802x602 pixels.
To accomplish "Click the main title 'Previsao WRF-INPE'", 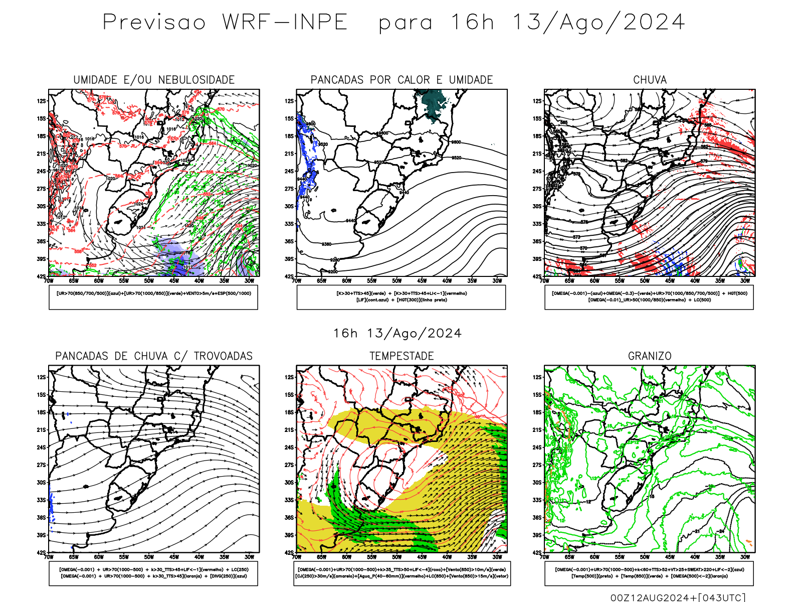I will [225, 23].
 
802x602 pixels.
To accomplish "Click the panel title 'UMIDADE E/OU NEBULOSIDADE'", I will [154, 80].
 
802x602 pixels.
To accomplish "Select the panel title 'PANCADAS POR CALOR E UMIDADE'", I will [402, 80].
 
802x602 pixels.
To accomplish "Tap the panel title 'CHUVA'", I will [650, 80].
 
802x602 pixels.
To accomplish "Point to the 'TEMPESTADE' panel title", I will [402, 356].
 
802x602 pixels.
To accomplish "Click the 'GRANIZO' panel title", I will [650, 356].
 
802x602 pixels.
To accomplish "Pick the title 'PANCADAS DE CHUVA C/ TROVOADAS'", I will [154, 356].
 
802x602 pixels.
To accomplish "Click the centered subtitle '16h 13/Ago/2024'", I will [397, 334].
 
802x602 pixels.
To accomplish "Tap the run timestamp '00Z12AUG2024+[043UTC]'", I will [678, 597].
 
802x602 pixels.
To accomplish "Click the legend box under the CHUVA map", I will [649, 297].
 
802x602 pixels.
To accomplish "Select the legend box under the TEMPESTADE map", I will [402, 573].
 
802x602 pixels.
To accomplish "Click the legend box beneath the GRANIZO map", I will [649, 573].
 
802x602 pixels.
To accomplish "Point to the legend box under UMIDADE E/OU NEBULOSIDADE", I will [153, 297].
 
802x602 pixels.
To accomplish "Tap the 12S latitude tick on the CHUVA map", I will [537, 101].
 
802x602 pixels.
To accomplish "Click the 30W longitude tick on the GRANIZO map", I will [745, 557].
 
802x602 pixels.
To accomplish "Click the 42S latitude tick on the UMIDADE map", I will [41, 276].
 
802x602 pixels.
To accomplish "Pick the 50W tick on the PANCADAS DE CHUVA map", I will [149, 557].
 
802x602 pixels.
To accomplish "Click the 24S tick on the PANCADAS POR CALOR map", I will [289, 172].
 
